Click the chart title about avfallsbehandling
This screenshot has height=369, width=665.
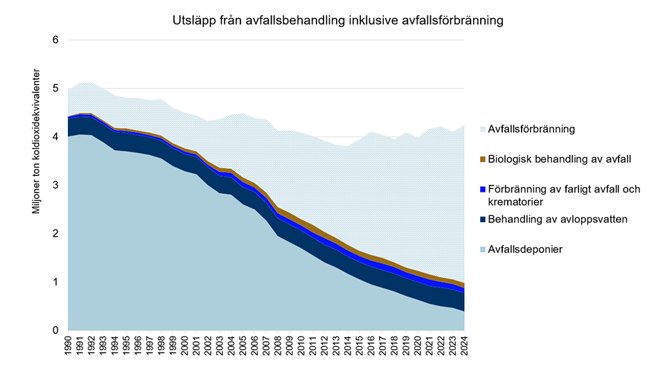tap(337, 21)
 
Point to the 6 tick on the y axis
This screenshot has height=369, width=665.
tap(55, 41)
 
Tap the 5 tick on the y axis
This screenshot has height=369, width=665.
tap(55, 89)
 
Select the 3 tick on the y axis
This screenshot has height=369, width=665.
tap(55, 186)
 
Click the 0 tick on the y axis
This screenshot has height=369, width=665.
tap(55, 331)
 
